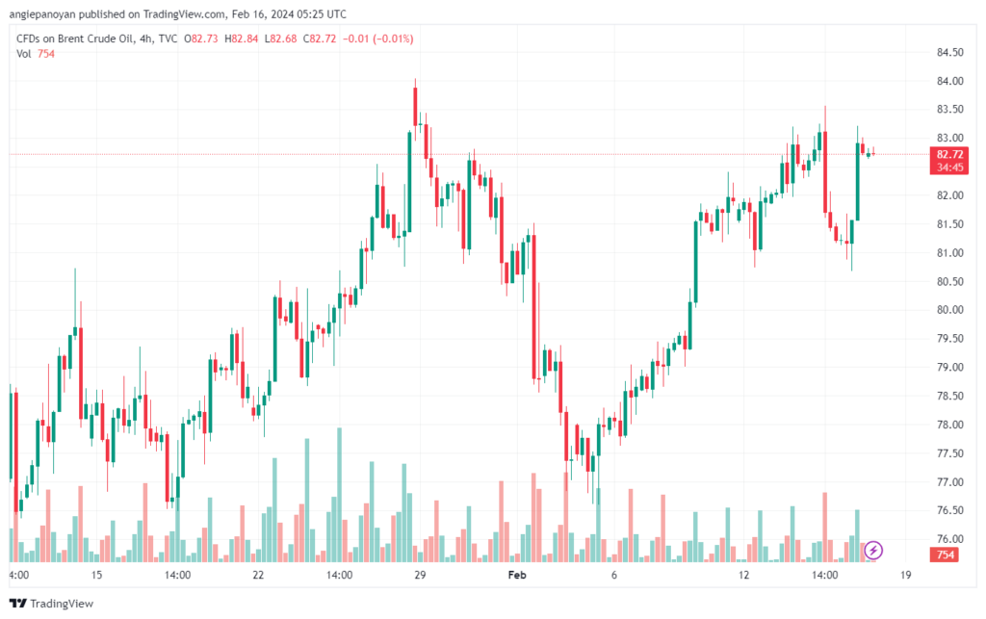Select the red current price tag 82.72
949,154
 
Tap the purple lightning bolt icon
873,551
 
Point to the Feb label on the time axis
518,575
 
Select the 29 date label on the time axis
420,575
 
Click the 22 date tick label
258,575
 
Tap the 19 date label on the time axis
906,575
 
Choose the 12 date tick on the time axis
743,575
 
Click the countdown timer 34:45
949,168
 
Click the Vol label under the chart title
24,54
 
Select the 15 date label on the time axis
96,575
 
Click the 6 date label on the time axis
613,575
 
